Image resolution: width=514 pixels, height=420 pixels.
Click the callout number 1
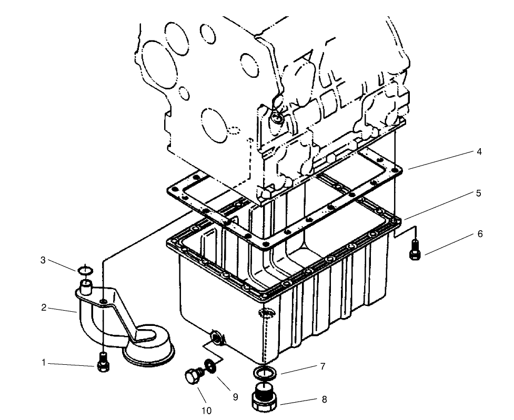[x=44, y=362]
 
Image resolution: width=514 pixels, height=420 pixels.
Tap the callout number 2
[x=44, y=308]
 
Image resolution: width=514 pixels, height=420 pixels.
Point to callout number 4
[x=479, y=152]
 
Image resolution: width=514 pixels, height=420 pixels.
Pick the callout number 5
[x=479, y=193]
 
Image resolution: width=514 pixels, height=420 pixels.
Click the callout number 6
[x=480, y=234]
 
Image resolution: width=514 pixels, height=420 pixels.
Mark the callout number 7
[x=322, y=366]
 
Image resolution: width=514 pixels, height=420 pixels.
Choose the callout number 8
[x=324, y=399]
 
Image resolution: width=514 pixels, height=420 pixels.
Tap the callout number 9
[x=236, y=397]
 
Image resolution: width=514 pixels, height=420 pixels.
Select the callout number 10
[x=206, y=411]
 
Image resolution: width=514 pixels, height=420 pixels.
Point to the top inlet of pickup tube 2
[x=85, y=286]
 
